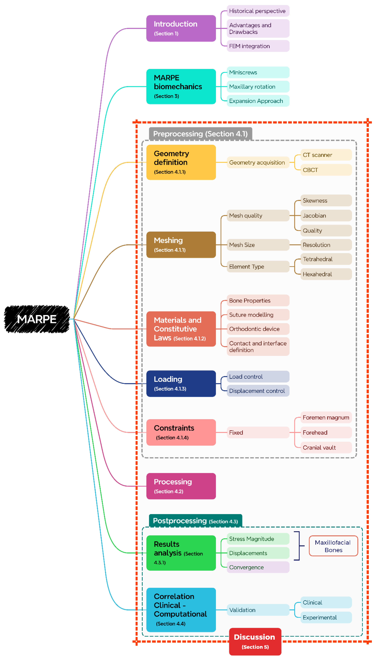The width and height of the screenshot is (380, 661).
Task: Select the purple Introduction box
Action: [x=181, y=28]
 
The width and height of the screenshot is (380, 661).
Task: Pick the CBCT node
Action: [x=326, y=170]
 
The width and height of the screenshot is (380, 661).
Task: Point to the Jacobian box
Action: [x=326, y=216]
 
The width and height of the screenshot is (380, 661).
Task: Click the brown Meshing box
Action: [x=181, y=245]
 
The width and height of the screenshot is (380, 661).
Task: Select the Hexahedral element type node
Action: [x=326, y=274]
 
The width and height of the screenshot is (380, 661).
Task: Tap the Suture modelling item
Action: [x=258, y=315]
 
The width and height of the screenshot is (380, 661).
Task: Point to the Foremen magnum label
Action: [x=326, y=418]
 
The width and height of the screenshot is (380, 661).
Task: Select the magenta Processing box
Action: [x=181, y=486]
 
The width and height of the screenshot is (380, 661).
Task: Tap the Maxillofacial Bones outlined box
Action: [x=333, y=546]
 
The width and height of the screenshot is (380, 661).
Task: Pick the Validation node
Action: [x=258, y=610]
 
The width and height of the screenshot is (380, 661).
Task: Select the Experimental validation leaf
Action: [x=326, y=617]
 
